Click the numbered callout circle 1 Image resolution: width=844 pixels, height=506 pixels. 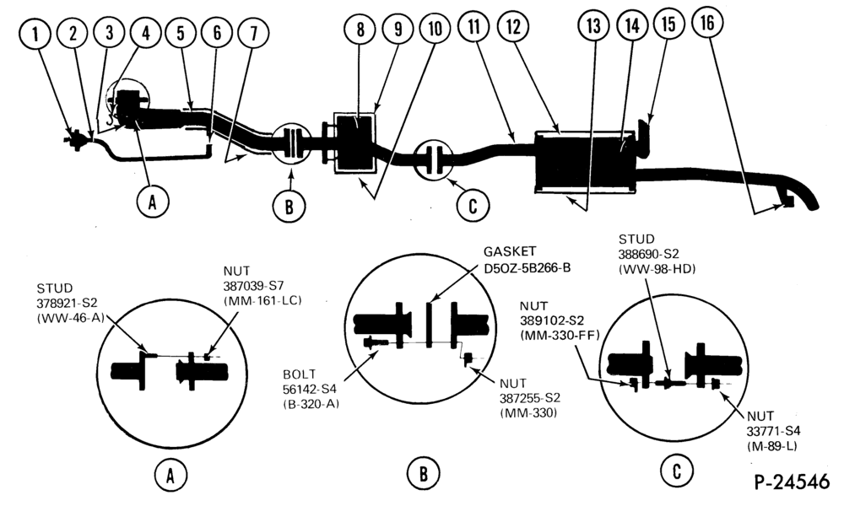[35, 35]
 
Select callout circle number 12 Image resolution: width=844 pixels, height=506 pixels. [513, 26]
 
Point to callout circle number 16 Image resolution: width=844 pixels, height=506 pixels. [707, 23]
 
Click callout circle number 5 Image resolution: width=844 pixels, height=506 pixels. [181, 32]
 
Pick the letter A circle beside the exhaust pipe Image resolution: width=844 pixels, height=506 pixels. [153, 202]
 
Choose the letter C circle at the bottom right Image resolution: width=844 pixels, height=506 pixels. [677, 471]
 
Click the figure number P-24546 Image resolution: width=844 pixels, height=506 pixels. [792, 482]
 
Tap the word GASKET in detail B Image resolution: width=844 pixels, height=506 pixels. [509, 251]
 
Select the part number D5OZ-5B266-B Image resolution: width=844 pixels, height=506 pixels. [527, 266]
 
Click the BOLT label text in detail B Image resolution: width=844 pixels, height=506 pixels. [300, 374]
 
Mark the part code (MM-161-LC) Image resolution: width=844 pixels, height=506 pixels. [262, 300]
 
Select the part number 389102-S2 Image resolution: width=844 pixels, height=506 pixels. [552, 321]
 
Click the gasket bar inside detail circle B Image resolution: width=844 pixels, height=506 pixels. [429, 325]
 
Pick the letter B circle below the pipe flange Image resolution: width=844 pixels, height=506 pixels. [289, 206]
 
